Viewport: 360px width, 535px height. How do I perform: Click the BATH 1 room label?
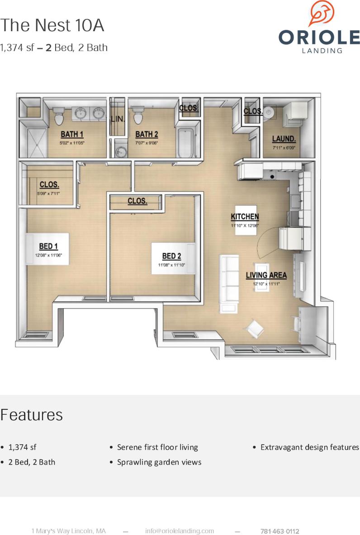[72, 135]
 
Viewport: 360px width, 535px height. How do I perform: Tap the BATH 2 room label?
[147, 135]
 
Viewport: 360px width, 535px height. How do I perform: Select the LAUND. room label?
[284, 139]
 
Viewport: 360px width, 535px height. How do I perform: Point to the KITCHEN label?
[245, 217]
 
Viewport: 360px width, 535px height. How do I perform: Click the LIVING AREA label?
[266, 275]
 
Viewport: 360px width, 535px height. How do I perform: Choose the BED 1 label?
[48, 247]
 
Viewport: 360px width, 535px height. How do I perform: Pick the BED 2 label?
[171, 256]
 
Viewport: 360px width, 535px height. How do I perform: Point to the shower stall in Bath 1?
[33, 142]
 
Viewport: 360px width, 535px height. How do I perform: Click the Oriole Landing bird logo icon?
[322, 13]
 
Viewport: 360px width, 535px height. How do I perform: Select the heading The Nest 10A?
[52, 26]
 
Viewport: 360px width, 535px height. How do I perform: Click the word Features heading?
[32, 415]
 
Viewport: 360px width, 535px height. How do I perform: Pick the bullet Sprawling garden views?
[159, 462]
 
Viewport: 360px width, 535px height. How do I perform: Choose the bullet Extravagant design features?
[309, 447]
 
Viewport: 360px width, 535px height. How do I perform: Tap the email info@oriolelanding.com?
[180, 531]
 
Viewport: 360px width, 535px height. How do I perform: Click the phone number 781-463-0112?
[279, 531]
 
